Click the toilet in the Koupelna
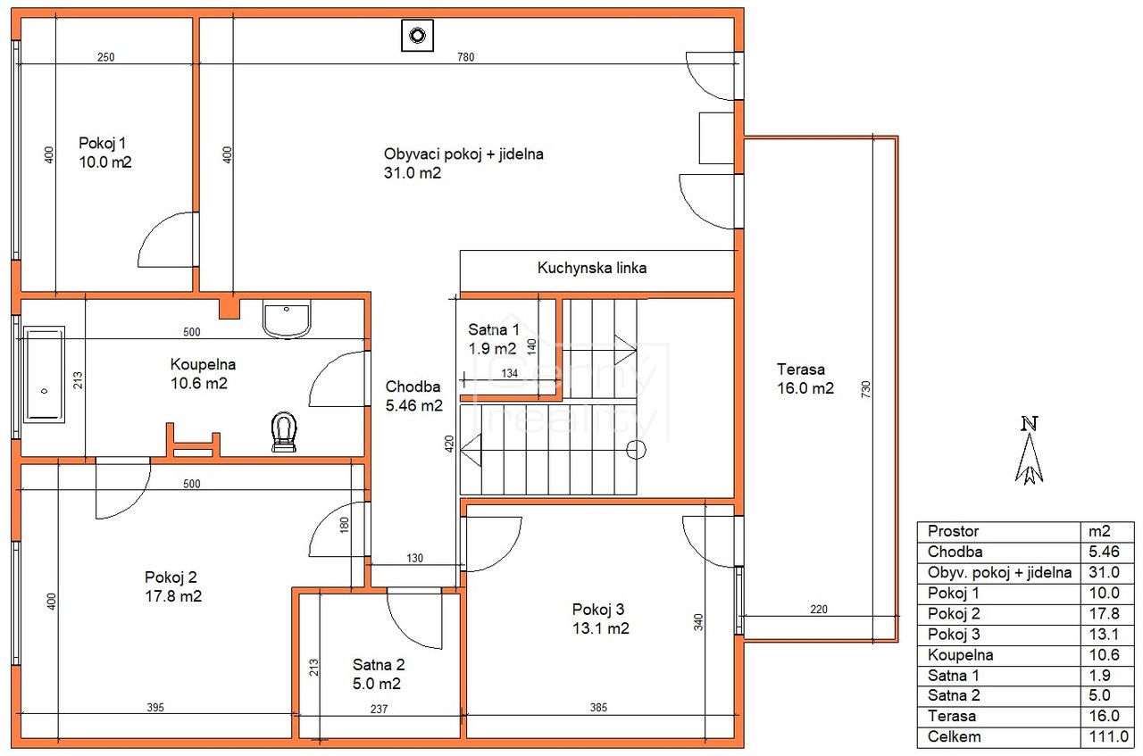point(284,432)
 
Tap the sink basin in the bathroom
point(287,319)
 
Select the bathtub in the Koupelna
point(44,374)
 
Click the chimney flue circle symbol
point(417,36)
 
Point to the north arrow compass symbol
point(1030,451)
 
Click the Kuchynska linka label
point(592,268)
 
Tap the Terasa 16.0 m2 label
point(805,378)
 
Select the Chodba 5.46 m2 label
point(413,396)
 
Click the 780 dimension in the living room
point(466,57)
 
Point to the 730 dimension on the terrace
point(865,389)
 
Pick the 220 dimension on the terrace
point(819,609)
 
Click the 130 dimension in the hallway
point(414,558)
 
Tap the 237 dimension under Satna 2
point(379,709)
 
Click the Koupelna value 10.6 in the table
point(1104,654)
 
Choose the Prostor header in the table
point(953,531)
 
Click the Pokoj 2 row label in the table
point(953,613)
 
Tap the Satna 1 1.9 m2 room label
point(494,338)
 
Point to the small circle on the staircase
point(636,450)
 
